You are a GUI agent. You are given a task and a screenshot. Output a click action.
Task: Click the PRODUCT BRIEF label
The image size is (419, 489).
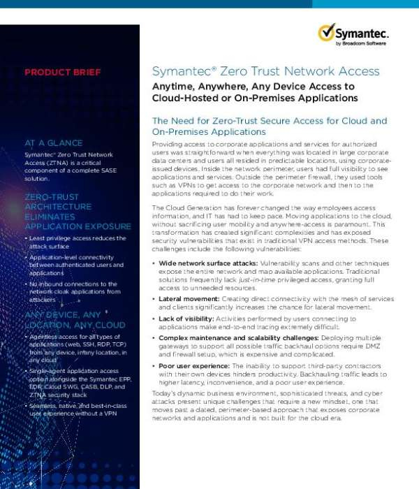pos(63,72)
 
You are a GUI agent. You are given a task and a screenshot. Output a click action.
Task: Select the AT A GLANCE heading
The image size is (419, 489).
pos(54,143)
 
